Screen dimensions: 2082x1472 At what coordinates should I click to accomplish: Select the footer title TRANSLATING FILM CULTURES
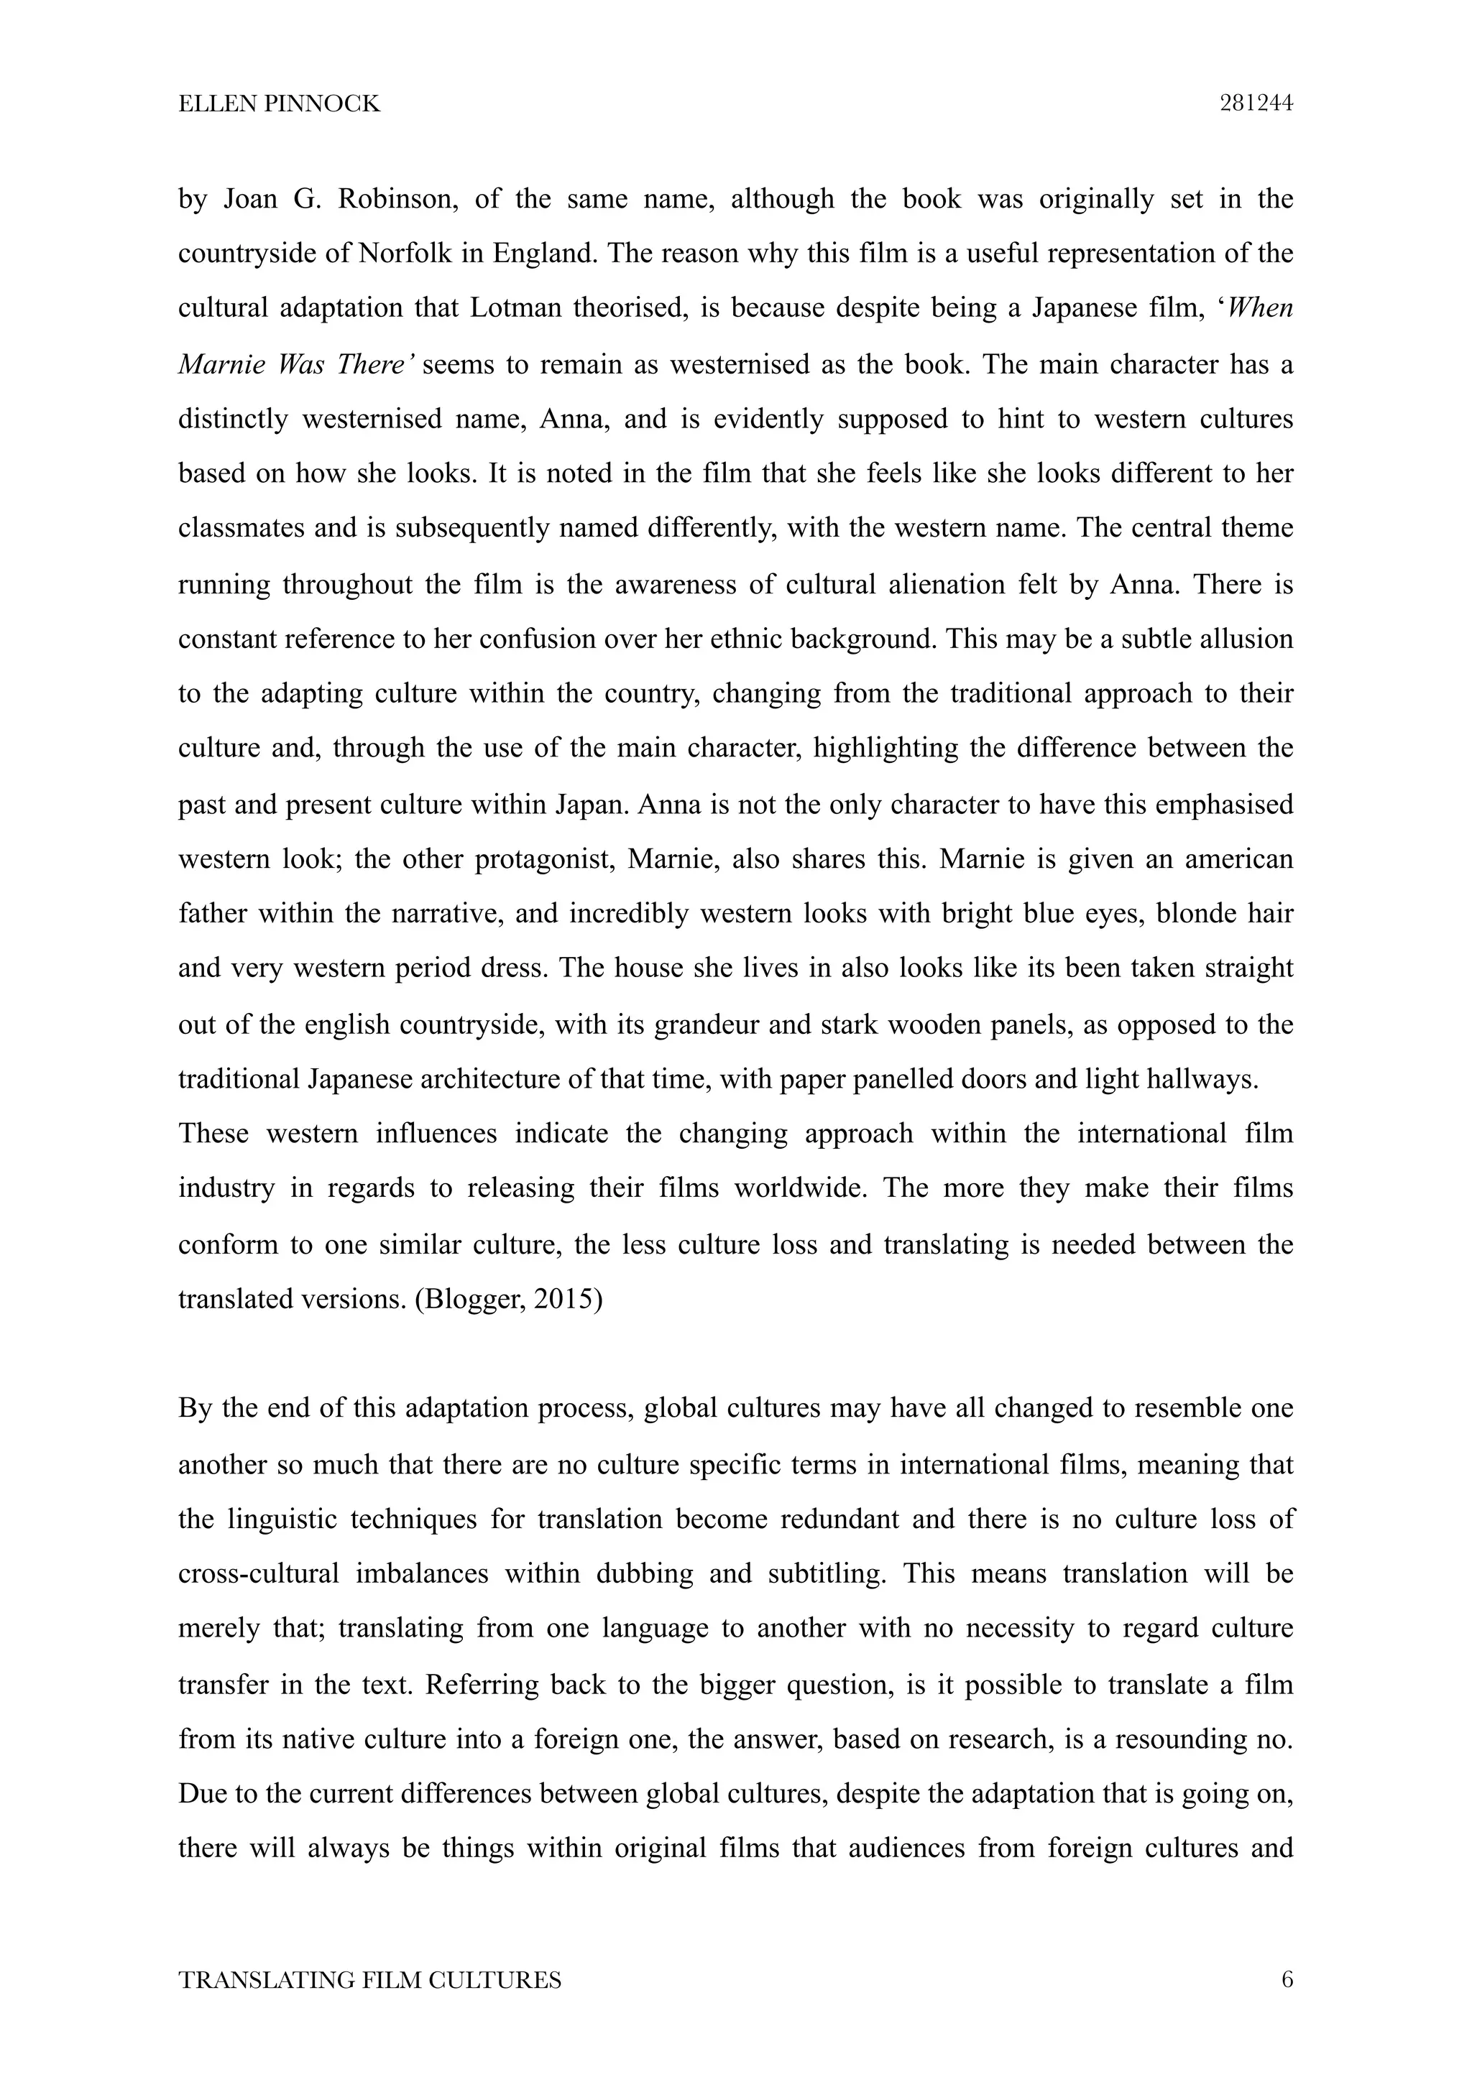pos(369,1979)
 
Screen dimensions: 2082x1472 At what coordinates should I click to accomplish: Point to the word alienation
pos(949,584)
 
